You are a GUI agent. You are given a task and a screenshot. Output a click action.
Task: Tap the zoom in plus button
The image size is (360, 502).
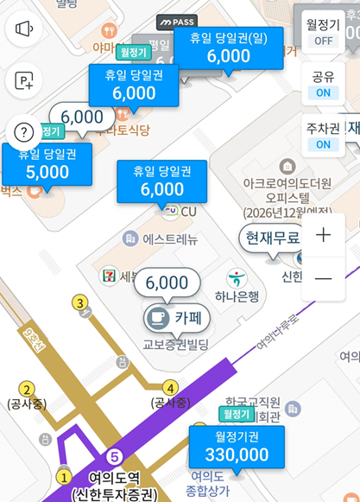(324, 235)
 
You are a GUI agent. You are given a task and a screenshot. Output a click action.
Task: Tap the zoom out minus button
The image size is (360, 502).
(324, 278)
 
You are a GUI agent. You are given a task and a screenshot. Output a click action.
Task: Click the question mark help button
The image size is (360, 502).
(24, 132)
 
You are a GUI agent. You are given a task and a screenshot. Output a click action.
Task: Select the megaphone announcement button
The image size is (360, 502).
(24, 29)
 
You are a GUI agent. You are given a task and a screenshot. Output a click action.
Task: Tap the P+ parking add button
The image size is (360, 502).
(24, 81)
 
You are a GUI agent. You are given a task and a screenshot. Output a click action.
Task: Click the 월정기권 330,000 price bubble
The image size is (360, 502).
(236, 447)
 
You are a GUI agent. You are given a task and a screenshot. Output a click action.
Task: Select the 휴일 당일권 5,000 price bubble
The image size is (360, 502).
(47, 163)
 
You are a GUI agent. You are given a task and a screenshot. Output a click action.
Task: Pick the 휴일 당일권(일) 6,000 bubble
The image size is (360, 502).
(229, 48)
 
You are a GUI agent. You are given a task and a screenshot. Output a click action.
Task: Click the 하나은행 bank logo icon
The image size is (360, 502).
(236, 279)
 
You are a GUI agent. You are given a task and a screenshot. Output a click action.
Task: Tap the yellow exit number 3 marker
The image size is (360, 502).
(81, 302)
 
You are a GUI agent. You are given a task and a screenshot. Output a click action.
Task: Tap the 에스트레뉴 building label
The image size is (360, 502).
(162, 238)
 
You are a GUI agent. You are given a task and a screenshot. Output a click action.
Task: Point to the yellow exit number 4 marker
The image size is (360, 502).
(171, 388)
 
